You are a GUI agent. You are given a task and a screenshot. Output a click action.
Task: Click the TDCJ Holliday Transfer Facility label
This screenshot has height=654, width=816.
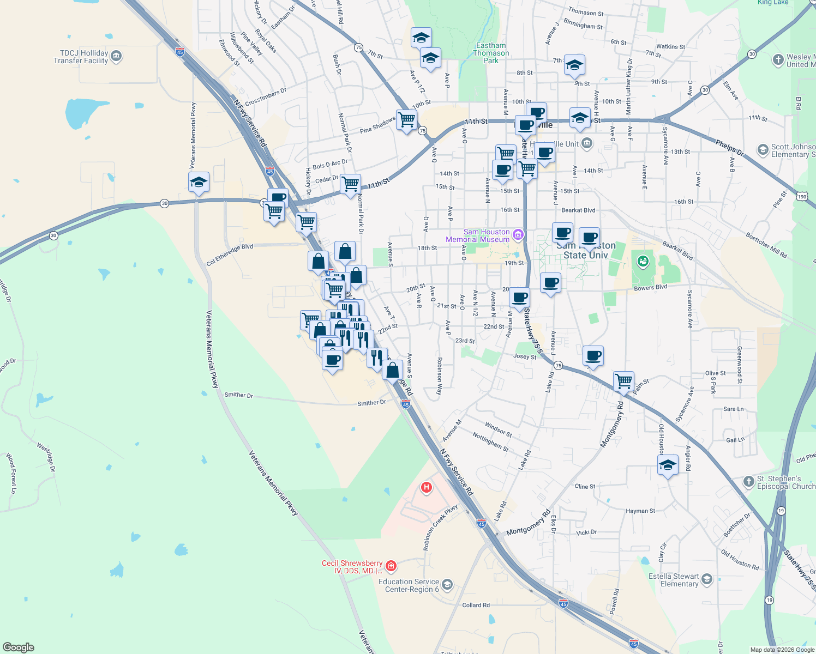click(x=81, y=57)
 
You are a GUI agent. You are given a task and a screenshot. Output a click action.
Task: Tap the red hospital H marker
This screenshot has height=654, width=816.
click(x=427, y=487)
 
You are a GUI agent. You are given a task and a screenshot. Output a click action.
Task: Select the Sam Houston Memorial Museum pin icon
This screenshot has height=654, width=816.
click(x=518, y=235)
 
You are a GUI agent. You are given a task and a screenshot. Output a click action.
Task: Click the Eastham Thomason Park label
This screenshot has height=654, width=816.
click(x=491, y=53)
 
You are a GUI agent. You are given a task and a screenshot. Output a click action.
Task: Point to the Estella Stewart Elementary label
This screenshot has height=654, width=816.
click(x=674, y=580)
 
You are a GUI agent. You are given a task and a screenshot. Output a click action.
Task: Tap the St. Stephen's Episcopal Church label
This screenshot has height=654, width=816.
click(x=786, y=482)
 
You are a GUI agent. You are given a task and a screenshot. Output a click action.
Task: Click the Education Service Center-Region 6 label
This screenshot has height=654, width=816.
click(x=409, y=585)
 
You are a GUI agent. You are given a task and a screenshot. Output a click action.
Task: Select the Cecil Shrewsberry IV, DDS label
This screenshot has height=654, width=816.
click(x=352, y=567)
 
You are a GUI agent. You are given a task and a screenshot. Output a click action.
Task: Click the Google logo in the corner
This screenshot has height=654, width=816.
click(x=18, y=647)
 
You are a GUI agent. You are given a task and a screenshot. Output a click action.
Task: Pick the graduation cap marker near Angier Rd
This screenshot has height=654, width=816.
click(x=668, y=465)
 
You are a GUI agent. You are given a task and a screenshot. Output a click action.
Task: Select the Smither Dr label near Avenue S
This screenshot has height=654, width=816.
click(x=371, y=403)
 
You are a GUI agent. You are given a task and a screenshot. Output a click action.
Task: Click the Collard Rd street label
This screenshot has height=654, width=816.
click(x=476, y=605)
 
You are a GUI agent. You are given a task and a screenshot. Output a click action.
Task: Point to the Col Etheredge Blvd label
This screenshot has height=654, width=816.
click(x=230, y=255)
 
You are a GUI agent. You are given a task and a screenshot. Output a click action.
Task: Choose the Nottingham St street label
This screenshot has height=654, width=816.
click(x=490, y=442)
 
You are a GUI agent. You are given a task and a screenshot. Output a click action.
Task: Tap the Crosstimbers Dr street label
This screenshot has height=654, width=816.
click(x=266, y=97)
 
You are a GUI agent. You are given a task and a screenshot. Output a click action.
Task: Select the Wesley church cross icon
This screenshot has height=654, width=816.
click(x=778, y=60)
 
